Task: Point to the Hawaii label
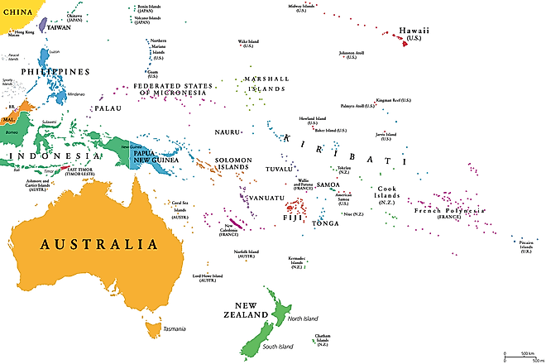pos(414,30)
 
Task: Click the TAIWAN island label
pos(58,27)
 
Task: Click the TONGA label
pos(325,223)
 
